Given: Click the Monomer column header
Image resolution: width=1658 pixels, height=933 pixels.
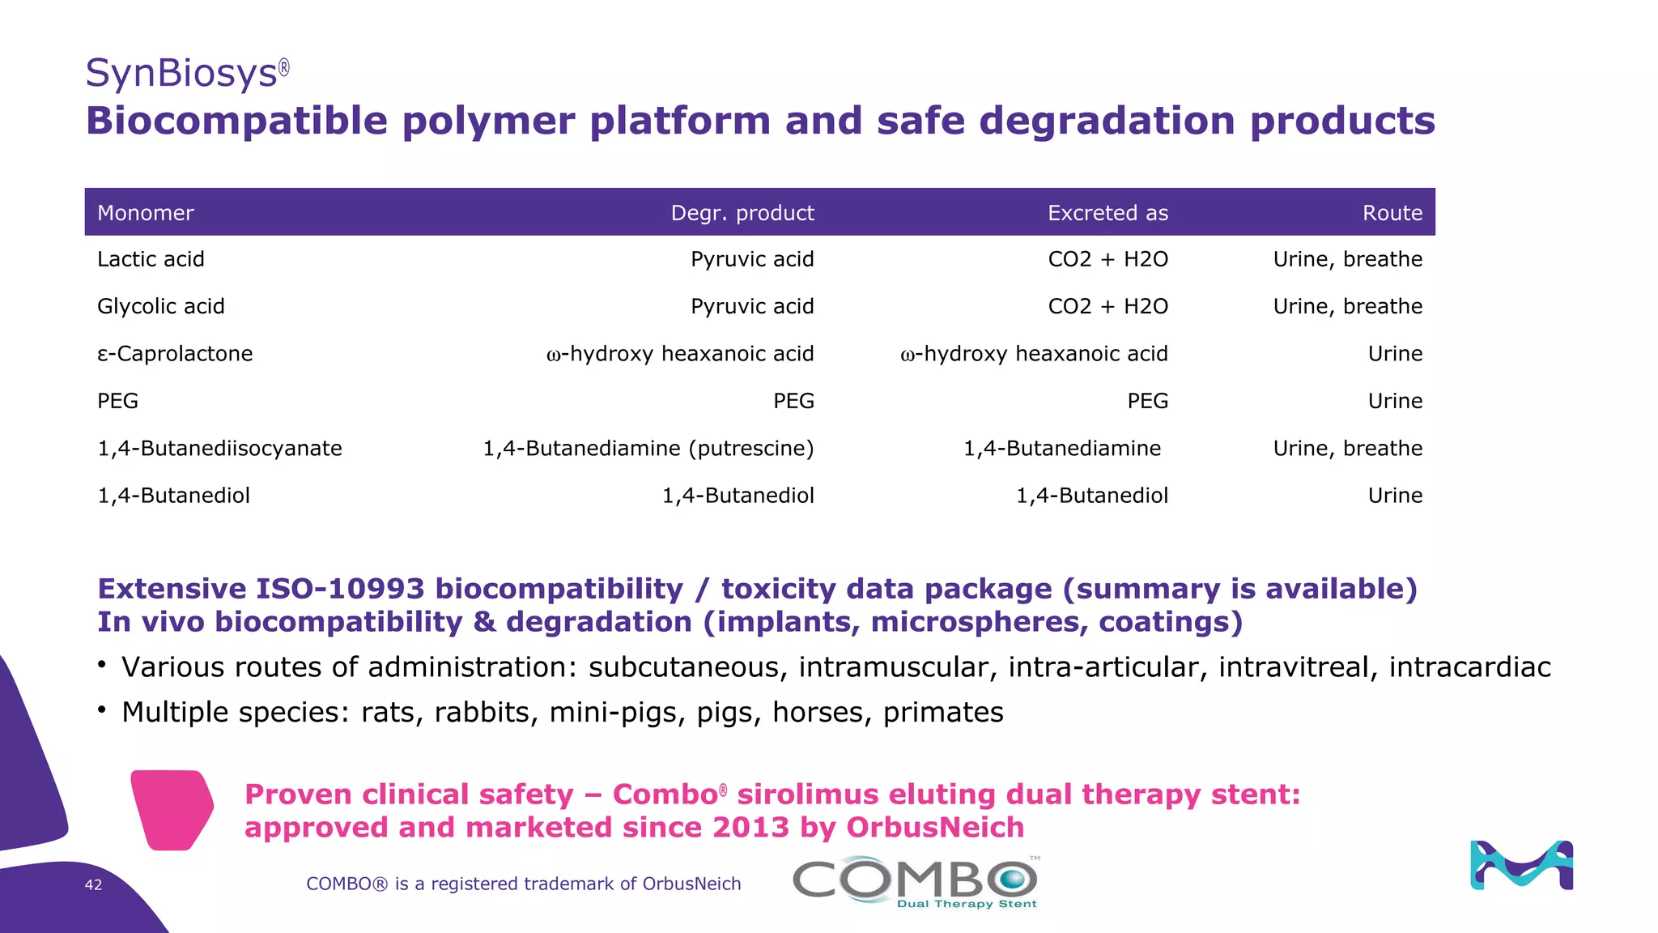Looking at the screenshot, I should pos(146,213).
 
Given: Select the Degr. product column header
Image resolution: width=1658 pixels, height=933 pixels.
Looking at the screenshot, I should pos(742,213).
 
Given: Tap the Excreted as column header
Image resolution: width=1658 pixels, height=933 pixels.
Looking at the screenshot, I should pos(1107,213).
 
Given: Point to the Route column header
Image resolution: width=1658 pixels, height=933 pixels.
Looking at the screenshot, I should pos(1392,213).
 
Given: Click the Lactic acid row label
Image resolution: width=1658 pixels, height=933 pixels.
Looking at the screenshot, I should pos(151,259).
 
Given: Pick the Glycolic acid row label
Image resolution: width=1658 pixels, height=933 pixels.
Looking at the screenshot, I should pos(161,306).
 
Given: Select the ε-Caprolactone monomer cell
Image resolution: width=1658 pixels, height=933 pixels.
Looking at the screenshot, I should pos(175,354).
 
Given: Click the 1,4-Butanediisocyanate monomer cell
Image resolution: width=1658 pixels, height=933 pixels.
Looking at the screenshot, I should pos(219,448).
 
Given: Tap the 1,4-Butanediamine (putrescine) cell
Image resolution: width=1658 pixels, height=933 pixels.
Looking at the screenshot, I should pos(648,448).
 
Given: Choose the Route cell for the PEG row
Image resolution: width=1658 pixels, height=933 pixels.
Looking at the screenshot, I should pos(1395,401).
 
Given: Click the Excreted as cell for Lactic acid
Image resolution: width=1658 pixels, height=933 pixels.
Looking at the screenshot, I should pos(1107,259).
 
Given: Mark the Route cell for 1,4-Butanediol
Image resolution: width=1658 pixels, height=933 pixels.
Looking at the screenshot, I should pos(1395,496).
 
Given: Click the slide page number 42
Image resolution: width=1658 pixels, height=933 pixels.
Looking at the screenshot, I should pos(93,884).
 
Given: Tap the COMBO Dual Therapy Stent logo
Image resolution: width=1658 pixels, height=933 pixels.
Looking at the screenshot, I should pos(915,882).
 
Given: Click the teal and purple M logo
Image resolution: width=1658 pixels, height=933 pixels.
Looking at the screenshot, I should pos(1521,865).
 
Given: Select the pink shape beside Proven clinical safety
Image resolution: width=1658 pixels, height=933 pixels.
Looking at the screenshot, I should pos(172,809).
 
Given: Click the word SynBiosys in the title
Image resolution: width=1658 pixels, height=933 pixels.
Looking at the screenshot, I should pos(181,73).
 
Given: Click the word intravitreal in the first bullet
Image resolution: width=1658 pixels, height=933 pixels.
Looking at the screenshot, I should pos(1298,667).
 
